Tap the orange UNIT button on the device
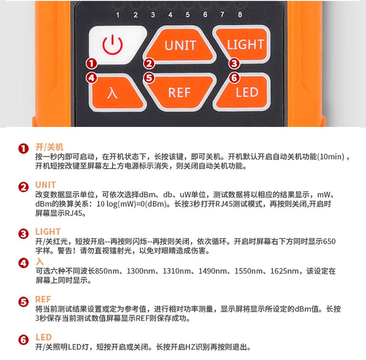coord(179,45)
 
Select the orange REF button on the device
coord(179,92)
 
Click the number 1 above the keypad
coord(118,15)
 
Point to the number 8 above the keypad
coord(240,15)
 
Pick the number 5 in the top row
coord(188,15)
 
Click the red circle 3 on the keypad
coord(234,63)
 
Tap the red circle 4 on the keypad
coord(92,78)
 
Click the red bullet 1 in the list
coord(23,149)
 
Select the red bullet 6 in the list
coord(23,340)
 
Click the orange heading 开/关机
coord(49,147)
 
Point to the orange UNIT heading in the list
coord(45,185)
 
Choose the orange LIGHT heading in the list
coord(48,232)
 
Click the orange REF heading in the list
coord(43,300)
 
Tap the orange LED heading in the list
coord(43,338)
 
